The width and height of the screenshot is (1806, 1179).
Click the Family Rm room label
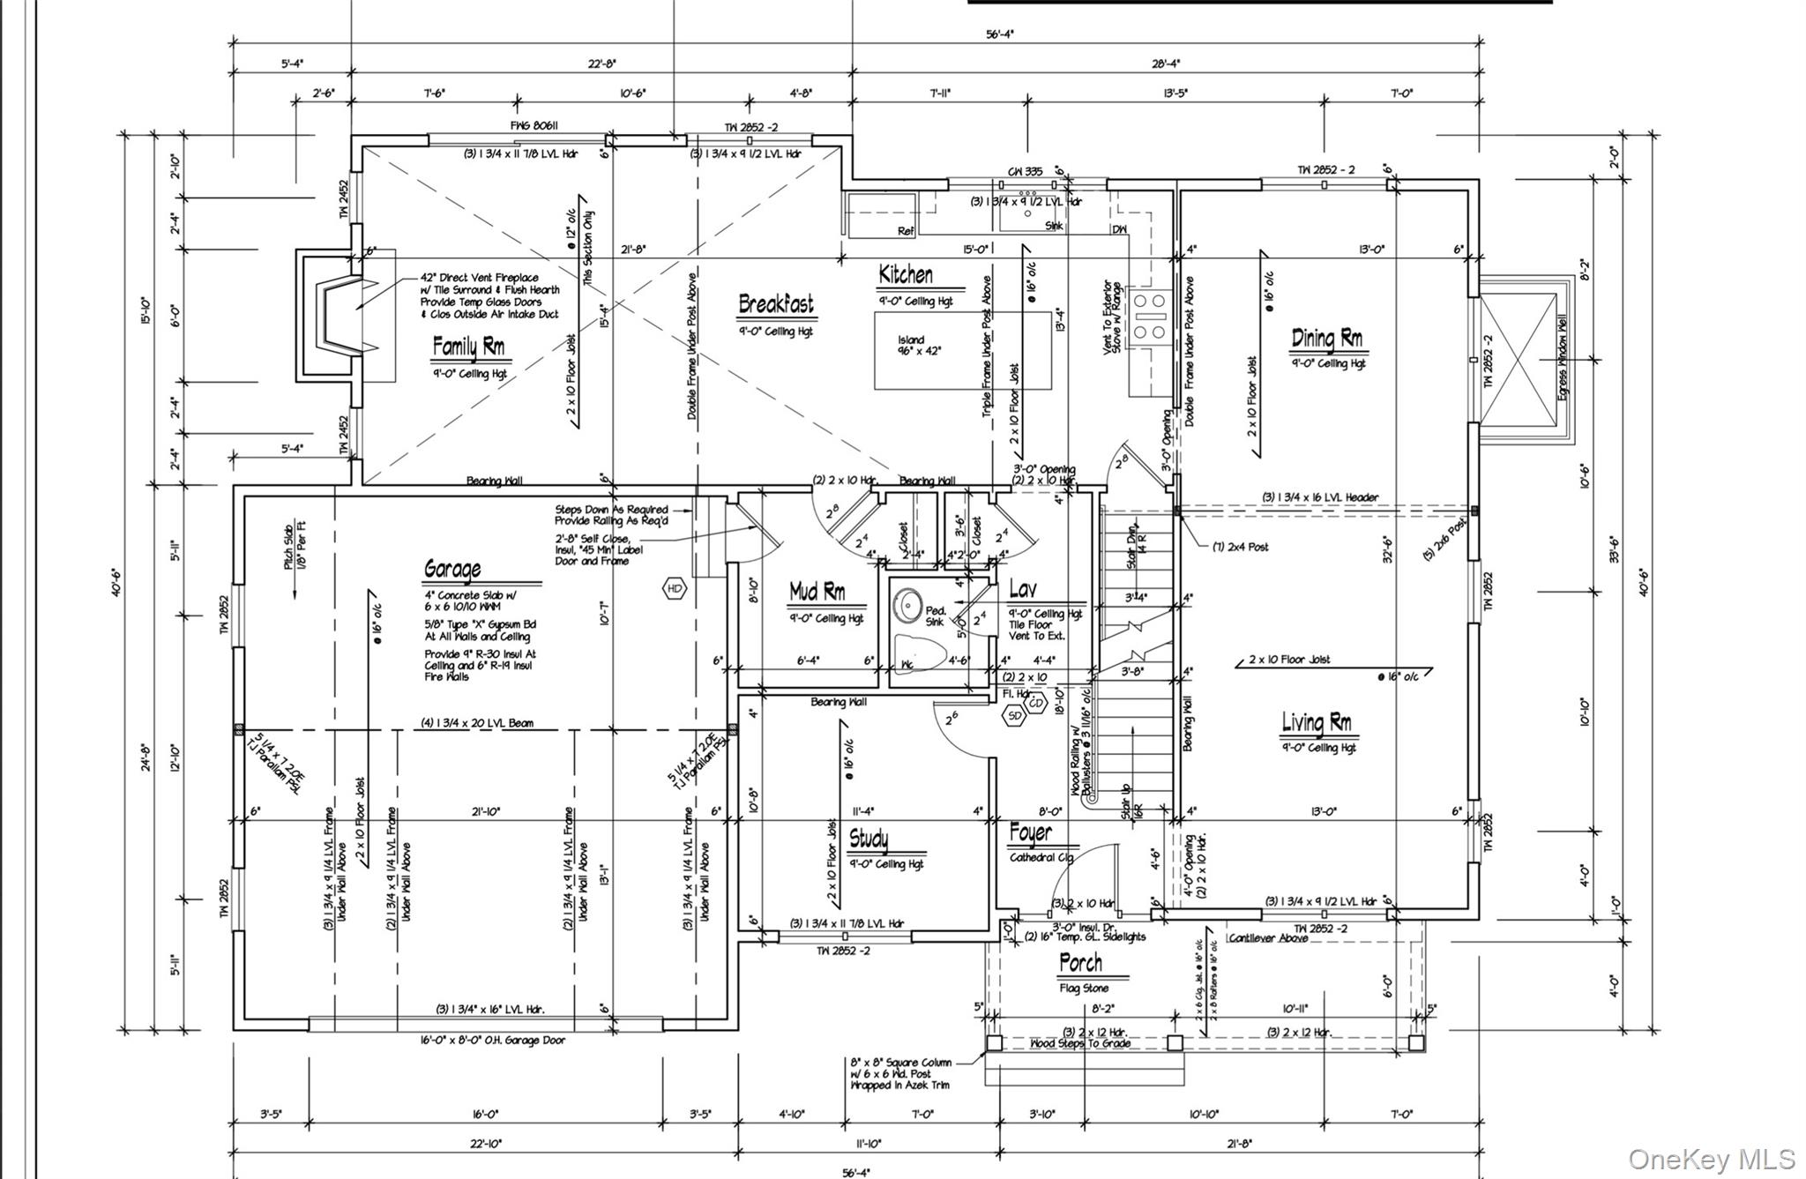(x=468, y=347)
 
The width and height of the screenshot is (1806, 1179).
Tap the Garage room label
(x=452, y=569)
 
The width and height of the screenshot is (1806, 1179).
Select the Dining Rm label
(x=1326, y=338)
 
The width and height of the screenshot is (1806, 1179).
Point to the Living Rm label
(x=1316, y=723)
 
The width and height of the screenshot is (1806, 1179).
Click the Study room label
(x=869, y=838)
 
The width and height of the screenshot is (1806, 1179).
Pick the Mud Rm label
(x=817, y=592)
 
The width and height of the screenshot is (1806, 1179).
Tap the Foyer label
(x=1030, y=833)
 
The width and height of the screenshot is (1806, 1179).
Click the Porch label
(x=1080, y=963)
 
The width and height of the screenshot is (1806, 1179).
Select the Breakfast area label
(x=776, y=305)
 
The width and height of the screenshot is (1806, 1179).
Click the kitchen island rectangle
(x=962, y=350)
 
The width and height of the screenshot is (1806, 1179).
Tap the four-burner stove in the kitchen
(x=1148, y=317)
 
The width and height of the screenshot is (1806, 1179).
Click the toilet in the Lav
(x=918, y=653)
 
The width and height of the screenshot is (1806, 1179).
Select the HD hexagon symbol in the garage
(x=675, y=588)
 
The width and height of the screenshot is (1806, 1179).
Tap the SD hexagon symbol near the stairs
(x=1015, y=716)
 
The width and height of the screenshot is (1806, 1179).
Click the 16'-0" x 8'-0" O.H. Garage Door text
(x=492, y=1041)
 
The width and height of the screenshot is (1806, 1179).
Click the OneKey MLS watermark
(x=1712, y=1159)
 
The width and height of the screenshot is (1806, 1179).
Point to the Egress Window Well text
(x=1563, y=358)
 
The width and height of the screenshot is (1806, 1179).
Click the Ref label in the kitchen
(x=906, y=231)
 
